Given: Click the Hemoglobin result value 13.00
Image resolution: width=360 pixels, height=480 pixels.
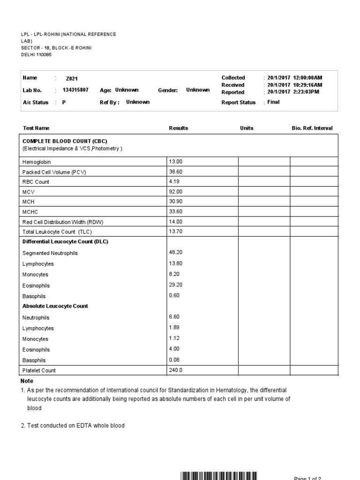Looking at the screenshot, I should coord(175,162).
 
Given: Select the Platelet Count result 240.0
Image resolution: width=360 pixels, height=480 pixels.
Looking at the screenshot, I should coord(176,370).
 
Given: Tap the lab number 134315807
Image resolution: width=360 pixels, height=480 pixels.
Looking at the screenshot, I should coord(75,90).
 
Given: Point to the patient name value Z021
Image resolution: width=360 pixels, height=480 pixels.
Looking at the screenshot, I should coord(71,79).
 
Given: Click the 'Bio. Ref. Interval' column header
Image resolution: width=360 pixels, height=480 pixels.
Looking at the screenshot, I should coord(312,128).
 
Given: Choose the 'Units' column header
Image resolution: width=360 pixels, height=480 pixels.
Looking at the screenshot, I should coord(247,128).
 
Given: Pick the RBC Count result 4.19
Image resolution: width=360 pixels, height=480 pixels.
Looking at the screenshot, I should coord(174,181).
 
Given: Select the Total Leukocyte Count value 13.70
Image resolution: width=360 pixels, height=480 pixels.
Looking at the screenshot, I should coord(175,232).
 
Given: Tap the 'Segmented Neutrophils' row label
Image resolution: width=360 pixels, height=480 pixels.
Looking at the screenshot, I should coord(50,253).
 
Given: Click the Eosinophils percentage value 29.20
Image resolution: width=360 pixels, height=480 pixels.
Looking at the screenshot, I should coord(175,285).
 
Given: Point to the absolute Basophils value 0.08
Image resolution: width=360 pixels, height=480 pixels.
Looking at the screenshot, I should coord(174,360).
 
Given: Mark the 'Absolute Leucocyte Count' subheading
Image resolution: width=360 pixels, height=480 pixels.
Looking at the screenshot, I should coord(55,306).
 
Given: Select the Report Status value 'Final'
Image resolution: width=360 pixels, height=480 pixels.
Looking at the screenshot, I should coord(273,102).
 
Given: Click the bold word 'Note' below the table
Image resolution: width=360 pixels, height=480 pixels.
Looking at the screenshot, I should coord(27,381).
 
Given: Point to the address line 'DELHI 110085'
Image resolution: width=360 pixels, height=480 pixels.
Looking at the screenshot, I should coord(37,54).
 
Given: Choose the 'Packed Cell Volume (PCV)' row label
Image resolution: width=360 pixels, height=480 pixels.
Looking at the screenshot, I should coord(54,172).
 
